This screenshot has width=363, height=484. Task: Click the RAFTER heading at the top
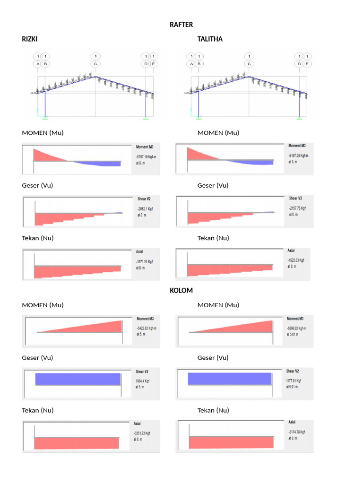tap(181, 25)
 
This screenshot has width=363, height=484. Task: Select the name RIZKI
tap(30, 39)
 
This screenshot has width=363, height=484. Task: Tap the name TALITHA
tap(210, 39)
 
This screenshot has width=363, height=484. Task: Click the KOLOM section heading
tap(181, 290)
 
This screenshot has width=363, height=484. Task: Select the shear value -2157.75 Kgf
tap(298, 208)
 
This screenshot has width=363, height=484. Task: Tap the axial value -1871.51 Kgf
tap(145, 261)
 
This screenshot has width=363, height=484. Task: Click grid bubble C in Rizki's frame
tap(95, 64)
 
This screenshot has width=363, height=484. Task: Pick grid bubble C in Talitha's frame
tap(249, 64)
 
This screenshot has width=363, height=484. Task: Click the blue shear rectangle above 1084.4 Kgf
tap(78, 379)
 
